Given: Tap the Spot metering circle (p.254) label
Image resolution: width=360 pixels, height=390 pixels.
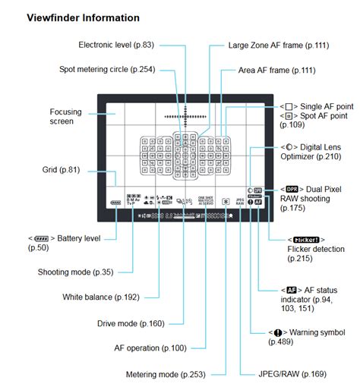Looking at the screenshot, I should click(108, 69).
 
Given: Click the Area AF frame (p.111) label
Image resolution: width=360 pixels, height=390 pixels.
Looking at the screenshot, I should click(276, 70).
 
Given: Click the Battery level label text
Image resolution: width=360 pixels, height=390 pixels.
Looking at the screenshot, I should click(73, 238).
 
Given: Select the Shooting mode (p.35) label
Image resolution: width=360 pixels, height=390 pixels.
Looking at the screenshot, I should click(76, 272).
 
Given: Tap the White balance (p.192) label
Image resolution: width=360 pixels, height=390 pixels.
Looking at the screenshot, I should click(102, 297).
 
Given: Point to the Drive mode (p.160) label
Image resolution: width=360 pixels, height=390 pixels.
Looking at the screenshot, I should click(131, 323).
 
